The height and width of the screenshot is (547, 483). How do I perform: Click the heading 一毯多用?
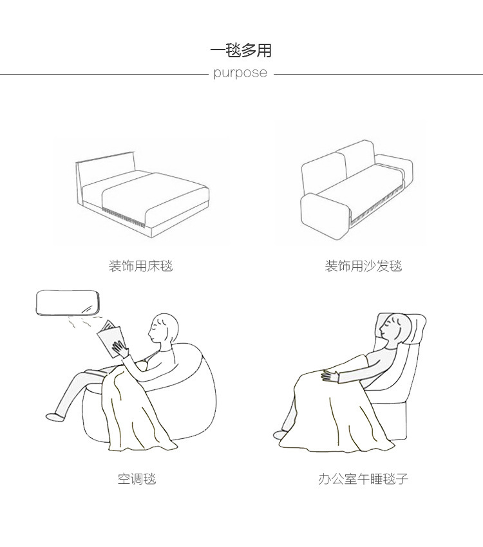[241, 50]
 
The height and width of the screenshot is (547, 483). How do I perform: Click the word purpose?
[240, 73]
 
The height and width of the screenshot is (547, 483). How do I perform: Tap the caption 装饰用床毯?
[140, 265]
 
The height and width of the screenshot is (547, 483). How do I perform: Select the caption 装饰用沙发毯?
[363, 265]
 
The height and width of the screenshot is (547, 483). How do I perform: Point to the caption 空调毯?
[137, 479]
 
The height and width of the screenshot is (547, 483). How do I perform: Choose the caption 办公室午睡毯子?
[363, 479]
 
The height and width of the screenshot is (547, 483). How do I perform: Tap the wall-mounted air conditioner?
[67, 302]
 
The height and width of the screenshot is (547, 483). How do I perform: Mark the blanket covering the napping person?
[335, 412]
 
